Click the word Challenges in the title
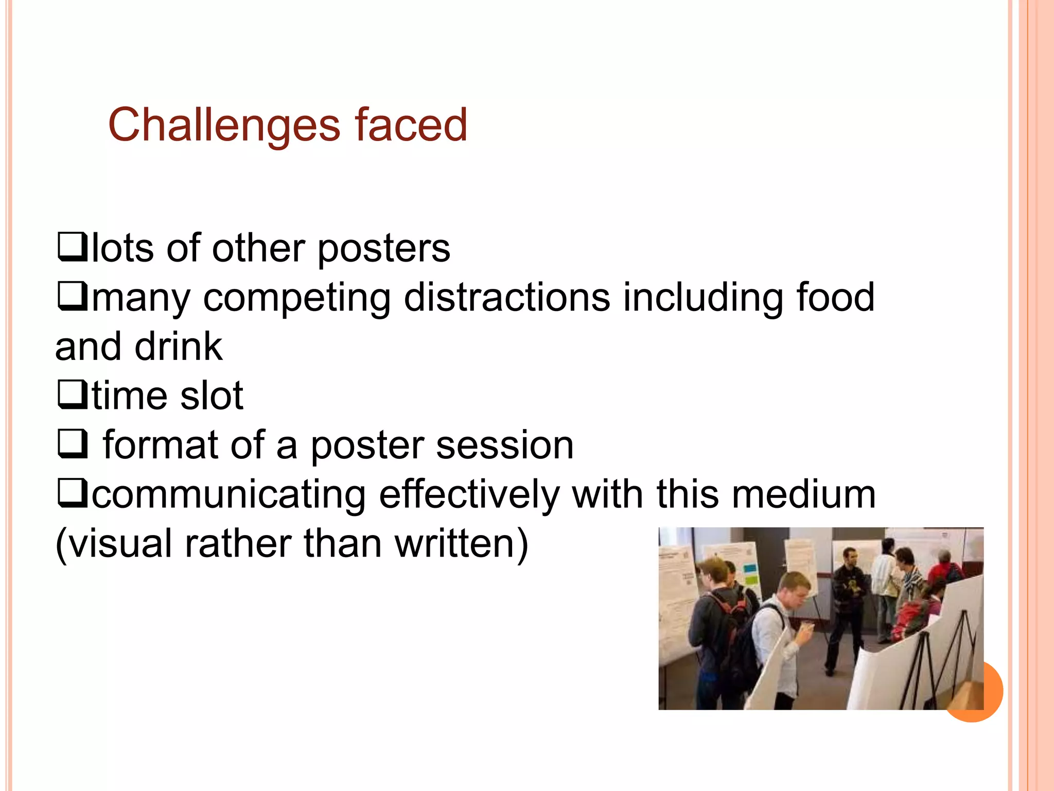click(x=224, y=125)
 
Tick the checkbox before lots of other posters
click(x=72, y=247)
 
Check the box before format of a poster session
click(x=72, y=443)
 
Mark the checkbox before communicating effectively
click(x=72, y=493)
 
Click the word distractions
click(x=506, y=297)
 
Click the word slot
click(x=212, y=395)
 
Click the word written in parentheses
click(x=461, y=543)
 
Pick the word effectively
click(x=468, y=494)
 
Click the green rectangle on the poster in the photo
click(x=752, y=580)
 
